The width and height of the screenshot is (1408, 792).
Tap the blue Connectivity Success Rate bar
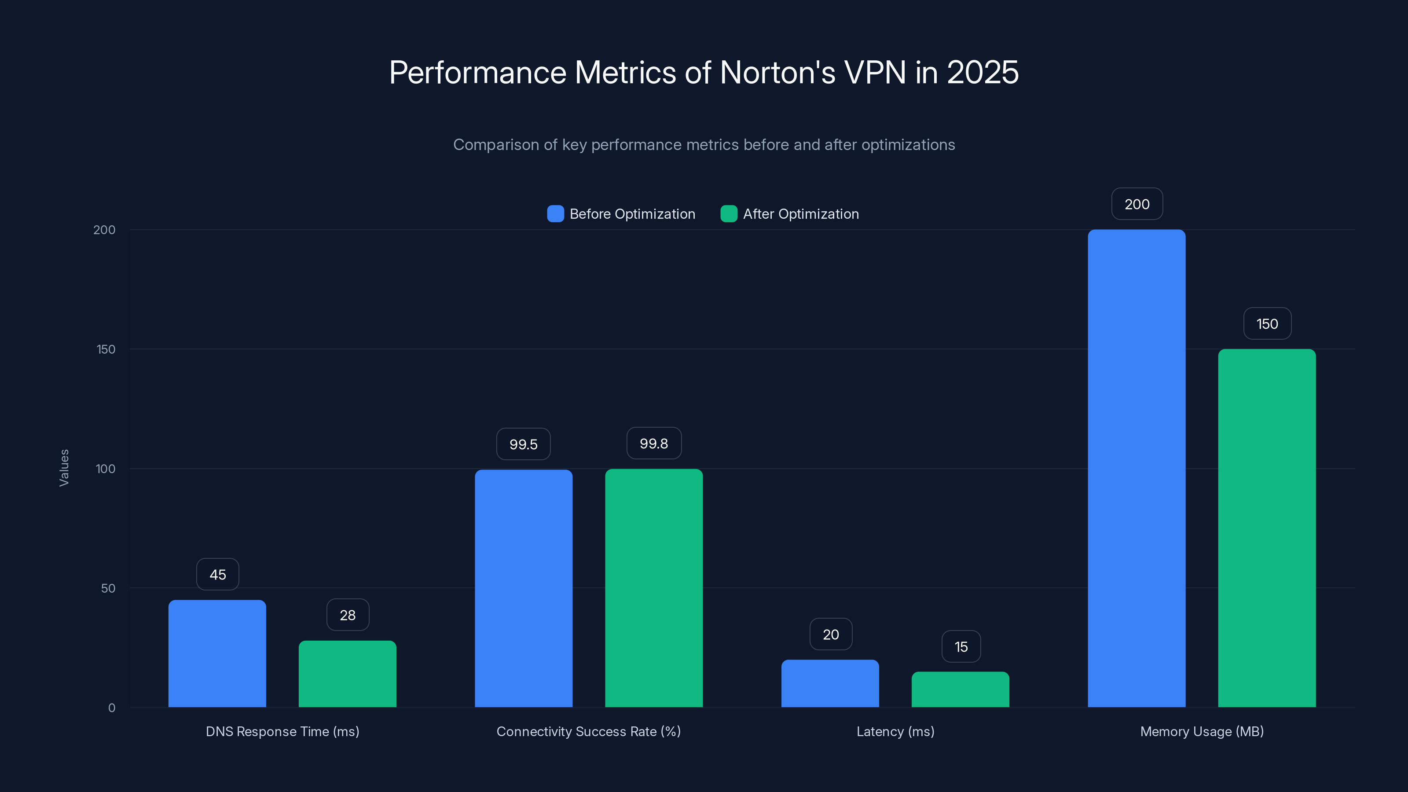(523, 588)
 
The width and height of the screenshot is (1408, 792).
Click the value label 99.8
(654, 443)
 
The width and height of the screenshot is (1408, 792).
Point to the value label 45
(217, 575)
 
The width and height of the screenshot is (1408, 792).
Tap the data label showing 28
(348, 615)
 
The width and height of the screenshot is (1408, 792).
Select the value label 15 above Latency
(961, 647)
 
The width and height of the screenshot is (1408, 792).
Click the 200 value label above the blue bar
(1137, 204)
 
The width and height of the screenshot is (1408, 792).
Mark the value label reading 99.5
(523, 444)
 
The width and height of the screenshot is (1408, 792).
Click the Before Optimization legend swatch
(555, 214)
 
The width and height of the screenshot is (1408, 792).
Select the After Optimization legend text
(801, 214)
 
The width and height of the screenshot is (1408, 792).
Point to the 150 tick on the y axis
(106, 349)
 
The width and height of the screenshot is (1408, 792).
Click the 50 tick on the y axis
(108, 588)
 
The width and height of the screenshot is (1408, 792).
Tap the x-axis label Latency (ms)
(895, 731)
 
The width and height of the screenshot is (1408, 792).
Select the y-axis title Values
(64, 468)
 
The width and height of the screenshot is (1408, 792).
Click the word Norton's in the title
(777, 72)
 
